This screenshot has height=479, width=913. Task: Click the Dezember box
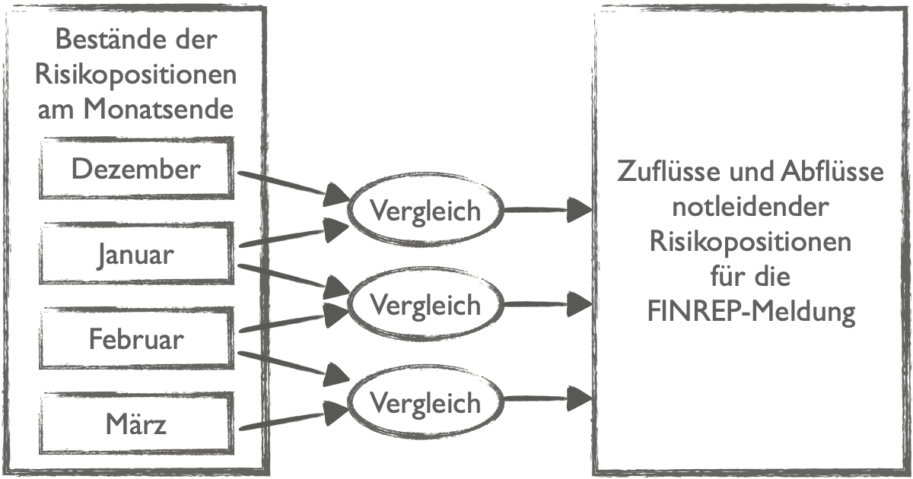point(136,168)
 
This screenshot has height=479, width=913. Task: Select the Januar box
point(136,254)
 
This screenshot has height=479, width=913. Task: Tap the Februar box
point(136,338)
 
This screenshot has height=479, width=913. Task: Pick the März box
point(136,423)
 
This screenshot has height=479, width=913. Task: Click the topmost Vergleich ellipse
point(425,209)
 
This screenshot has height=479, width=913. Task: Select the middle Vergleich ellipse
point(425,305)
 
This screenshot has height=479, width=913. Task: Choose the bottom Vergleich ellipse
point(425,401)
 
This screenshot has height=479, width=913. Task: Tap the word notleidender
point(750,207)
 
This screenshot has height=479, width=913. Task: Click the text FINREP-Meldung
point(750,312)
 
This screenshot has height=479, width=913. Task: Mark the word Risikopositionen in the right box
point(750,242)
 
